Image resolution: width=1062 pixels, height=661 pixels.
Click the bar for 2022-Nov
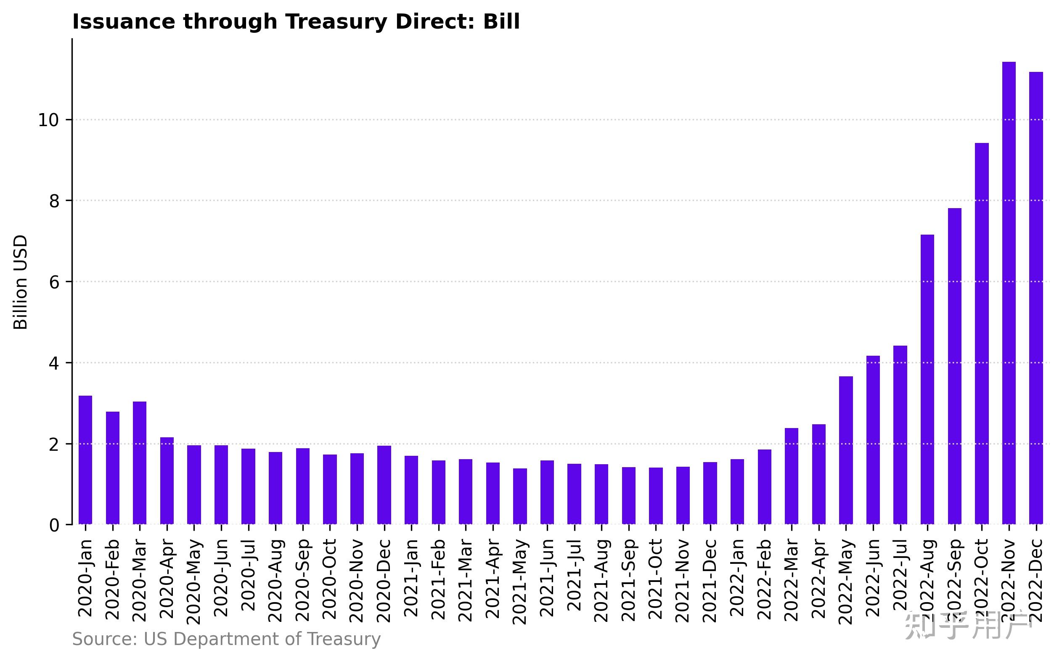(1008, 293)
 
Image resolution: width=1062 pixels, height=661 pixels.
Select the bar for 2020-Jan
(85, 460)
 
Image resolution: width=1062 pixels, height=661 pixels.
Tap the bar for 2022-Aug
(927, 379)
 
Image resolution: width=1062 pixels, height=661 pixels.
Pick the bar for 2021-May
(520, 496)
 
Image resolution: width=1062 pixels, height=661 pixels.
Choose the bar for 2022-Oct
(982, 333)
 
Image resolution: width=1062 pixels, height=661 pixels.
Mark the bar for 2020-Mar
(140, 463)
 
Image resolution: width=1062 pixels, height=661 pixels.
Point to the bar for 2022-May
(845, 450)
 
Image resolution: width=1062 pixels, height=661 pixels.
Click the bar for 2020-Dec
(384, 485)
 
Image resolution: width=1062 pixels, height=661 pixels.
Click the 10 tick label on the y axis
(48, 120)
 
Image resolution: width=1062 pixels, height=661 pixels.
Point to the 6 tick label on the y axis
(54, 283)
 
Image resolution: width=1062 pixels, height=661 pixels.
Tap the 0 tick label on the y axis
(54, 525)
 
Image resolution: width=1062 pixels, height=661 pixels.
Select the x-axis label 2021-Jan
(411, 577)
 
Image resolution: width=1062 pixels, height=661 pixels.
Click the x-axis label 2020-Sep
(302, 580)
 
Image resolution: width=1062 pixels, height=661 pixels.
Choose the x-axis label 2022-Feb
(764, 579)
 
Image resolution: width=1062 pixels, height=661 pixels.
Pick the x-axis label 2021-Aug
(601, 580)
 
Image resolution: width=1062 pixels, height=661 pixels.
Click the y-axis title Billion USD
(21, 282)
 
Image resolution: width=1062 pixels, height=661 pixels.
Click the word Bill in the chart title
(501, 22)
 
